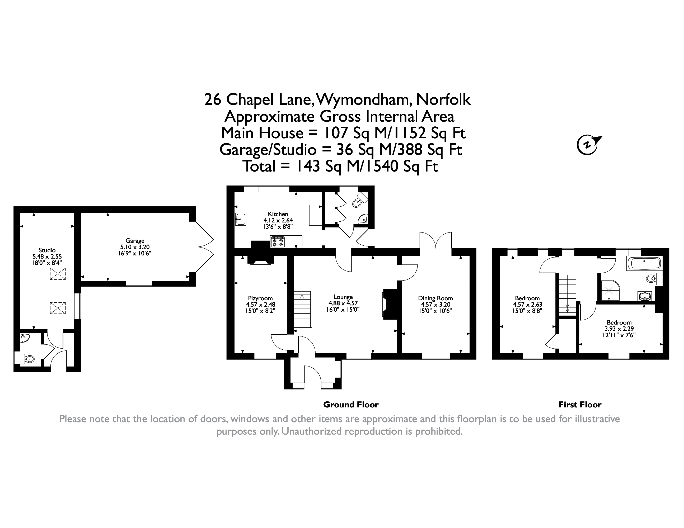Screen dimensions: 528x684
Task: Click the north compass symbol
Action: [x=588, y=145]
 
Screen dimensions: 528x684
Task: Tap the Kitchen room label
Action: [x=278, y=214]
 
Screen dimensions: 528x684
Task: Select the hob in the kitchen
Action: [x=278, y=242]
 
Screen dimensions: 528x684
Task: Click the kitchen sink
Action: [x=241, y=219]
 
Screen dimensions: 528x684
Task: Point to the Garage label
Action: [x=135, y=241]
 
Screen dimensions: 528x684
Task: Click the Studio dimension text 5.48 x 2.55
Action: [x=47, y=256]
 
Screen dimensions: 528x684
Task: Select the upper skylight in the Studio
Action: [x=58, y=274]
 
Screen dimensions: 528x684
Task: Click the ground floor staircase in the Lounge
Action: [x=303, y=309]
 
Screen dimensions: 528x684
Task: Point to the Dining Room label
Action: [x=435, y=298]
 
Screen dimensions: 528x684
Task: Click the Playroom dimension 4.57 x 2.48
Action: [x=261, y=305]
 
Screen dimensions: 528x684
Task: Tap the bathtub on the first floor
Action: [x=644, y=264]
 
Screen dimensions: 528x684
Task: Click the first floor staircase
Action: [x=568, y=295]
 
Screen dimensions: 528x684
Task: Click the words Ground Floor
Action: [x=351, y=405]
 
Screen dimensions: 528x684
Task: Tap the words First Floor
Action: [x=580, y=405]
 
